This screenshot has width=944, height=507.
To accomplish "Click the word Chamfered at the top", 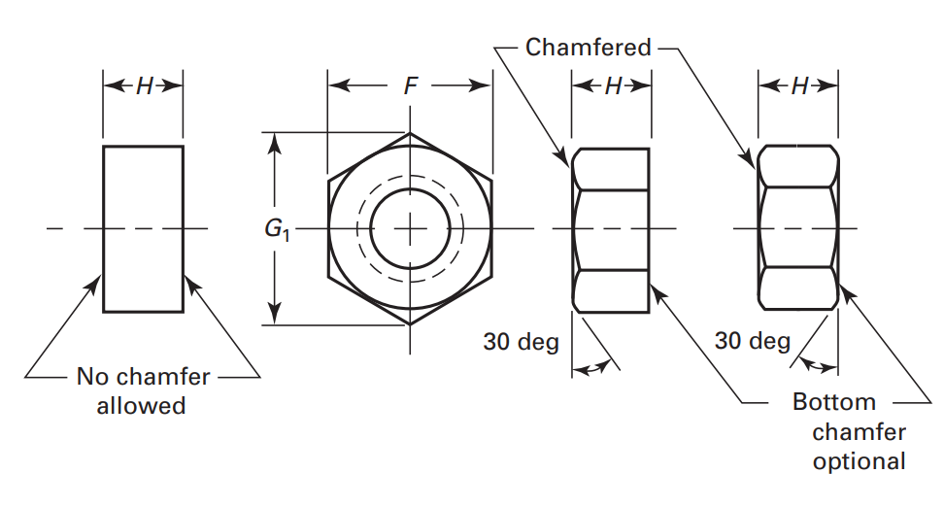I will (589, 47).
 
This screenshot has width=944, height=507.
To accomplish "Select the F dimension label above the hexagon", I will (411, 86).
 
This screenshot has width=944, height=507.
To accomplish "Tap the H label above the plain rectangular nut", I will (144, 86).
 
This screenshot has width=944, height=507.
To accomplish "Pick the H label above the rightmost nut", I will (798, 86).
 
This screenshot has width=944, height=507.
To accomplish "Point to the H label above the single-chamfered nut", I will (612, 86).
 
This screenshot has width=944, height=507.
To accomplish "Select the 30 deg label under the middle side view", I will (521, 342).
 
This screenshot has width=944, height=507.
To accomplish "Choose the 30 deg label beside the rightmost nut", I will (752, 341).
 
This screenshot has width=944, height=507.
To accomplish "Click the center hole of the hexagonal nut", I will (411, 229).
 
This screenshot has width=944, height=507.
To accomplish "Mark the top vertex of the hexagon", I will (411, 134).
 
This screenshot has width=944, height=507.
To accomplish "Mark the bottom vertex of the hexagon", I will (411, 324).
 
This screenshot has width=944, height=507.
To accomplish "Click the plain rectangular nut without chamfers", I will (143, 229).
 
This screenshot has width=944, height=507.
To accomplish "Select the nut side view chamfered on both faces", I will (798, 229).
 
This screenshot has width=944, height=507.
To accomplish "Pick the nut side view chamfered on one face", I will (612, 229).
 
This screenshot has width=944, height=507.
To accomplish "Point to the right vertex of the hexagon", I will (492, 229).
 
